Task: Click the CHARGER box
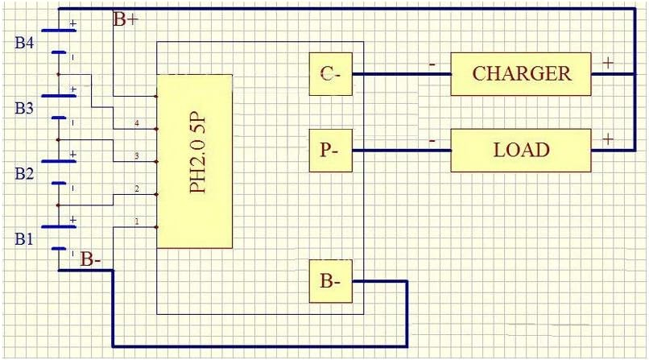coord(521,74)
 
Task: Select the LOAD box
coord(521,151)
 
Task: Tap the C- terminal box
coord(331,74)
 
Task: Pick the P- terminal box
coord(331,151)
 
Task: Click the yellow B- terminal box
coord(331,281)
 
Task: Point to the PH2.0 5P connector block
coord(195,161)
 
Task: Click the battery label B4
coord(24,43)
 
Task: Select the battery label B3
coord(24,109)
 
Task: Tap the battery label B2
coord(24,174)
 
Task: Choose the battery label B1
coord(23,239)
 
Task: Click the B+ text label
coord(126,19)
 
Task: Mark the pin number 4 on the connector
coord(137,123)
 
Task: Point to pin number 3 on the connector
coord(137,156)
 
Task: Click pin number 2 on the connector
coord(137,188)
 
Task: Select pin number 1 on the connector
coord(137,221)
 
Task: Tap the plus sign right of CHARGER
coord(608,63)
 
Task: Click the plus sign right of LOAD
coord(608,139)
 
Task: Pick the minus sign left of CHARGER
coord(432,64)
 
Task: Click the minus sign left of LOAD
coord(432,141)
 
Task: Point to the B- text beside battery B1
coord(91,259)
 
